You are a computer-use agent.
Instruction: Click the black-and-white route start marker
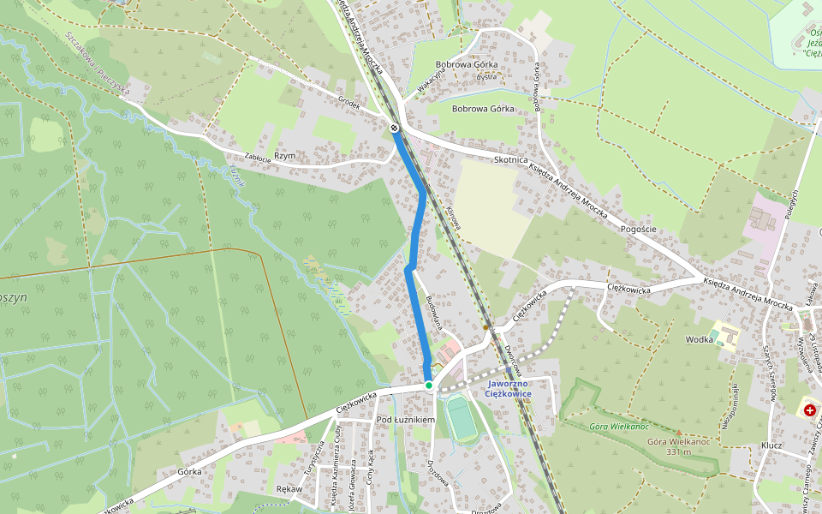(x=394, y=128)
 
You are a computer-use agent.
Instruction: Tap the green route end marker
(x=429, y=385)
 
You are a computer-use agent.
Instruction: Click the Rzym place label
(x=284, y=156)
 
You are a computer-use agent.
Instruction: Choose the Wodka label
(x=698, y=339)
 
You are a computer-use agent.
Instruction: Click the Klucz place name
(x=771, y=446)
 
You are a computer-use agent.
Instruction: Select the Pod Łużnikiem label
(x=406, y=420)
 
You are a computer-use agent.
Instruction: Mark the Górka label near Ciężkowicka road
(x=189, y=471)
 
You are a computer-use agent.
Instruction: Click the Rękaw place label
(x=289, y=489)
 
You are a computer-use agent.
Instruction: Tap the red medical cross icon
(x=809, y=411)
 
